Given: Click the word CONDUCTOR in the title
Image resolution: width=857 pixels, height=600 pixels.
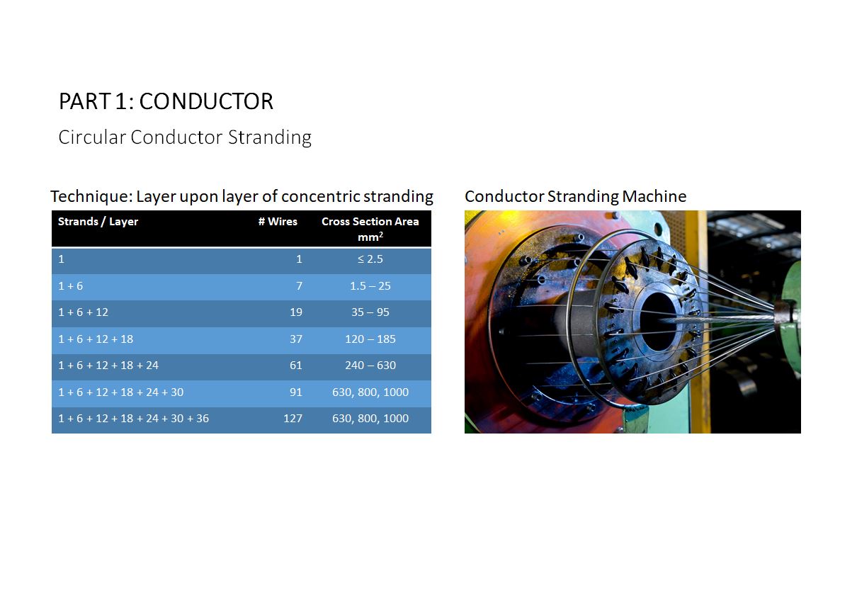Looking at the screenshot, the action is click(x=206, y=101).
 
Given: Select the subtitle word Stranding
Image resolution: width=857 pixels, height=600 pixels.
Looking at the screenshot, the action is click(x=270, y=137).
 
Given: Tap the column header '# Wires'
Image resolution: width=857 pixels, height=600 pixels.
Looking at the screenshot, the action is click(x=278, y=222).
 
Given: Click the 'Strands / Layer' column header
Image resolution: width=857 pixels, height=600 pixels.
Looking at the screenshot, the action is click(x=98, y=222).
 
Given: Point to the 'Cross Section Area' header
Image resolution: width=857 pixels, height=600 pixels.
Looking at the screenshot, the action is click(x=370, y=222).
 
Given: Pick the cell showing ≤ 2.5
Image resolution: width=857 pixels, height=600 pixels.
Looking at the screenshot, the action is click(x=370, y=259).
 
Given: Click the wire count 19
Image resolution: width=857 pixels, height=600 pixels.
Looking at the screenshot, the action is click(x=296, y=312).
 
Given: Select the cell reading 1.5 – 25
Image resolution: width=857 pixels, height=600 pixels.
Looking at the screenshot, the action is click(x=370, y=286).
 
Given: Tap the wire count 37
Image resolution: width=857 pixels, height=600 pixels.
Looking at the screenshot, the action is click(x=296, y=339).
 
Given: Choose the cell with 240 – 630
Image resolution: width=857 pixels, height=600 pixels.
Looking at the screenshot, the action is click(x=370, y=366).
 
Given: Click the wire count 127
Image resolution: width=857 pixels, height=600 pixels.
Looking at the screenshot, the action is click(x=293, y=419).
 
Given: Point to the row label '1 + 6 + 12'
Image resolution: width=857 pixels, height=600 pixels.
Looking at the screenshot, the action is click(x=83, y=312).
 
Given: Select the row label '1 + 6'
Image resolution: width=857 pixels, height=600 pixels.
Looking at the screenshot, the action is click(x=70, y=286).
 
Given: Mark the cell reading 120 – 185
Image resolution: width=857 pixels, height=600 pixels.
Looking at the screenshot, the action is click(x=370, y=339).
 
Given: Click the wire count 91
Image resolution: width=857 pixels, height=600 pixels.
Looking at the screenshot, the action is click(x=296, y=392).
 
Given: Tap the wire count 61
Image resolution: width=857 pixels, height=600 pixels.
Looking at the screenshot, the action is click(x=296, y=366).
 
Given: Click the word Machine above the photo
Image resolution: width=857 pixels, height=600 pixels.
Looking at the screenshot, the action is click(x=654, y=196).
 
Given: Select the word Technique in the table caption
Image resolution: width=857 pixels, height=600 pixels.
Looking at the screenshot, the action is click(x=91, y=197).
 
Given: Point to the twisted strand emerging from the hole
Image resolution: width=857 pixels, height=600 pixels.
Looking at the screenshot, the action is click(x=720, y=318).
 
